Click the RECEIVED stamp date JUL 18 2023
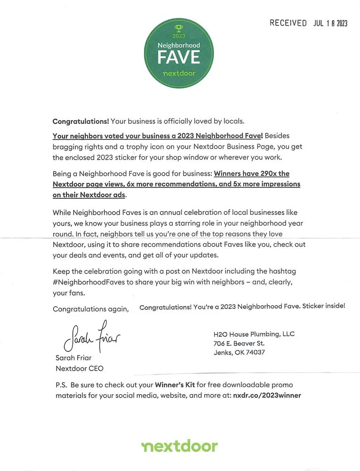[x=330, y=24]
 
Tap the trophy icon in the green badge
[x=178, y=28]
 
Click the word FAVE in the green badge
[x=178, y=57]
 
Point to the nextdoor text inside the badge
[x=178, y=73]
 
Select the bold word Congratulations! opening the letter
[x=80, y=121]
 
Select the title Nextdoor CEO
[x=80, y=368]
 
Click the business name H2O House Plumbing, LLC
[x=254, y=334]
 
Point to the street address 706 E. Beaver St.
[x=239, y=343]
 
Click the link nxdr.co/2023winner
[x=267, y=396]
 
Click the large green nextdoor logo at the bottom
[x=179, y=446]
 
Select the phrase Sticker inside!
[x=324, y=306]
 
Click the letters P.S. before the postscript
[x=62, y=385]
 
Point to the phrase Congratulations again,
[x=90, y=309]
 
